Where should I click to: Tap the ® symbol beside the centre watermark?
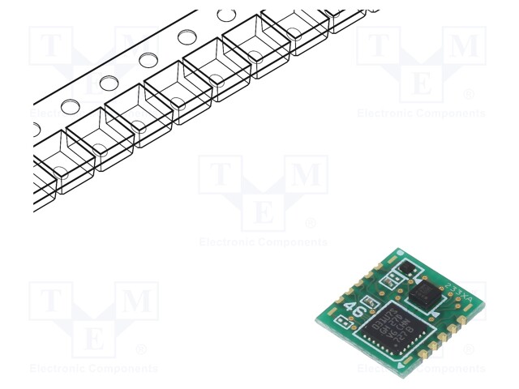pyautogui.click(x=311, y=223)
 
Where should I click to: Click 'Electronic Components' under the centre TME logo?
pyautogui.click(x=264, y=242)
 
